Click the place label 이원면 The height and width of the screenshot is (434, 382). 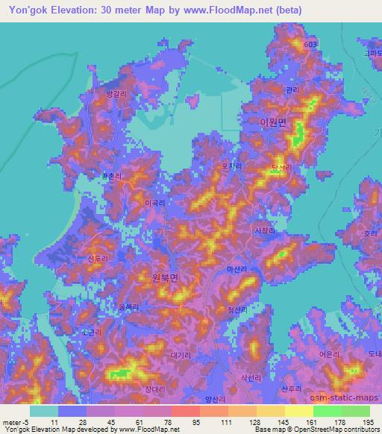tap(272, 122)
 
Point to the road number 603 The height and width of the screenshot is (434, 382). tap(310, 45)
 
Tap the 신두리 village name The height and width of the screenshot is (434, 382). tap(98, 258)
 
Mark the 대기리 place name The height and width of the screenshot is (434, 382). tap(181, 356)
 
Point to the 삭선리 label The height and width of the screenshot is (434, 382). tap(251, 379)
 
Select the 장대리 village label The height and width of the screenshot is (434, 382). tap(154, 389)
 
